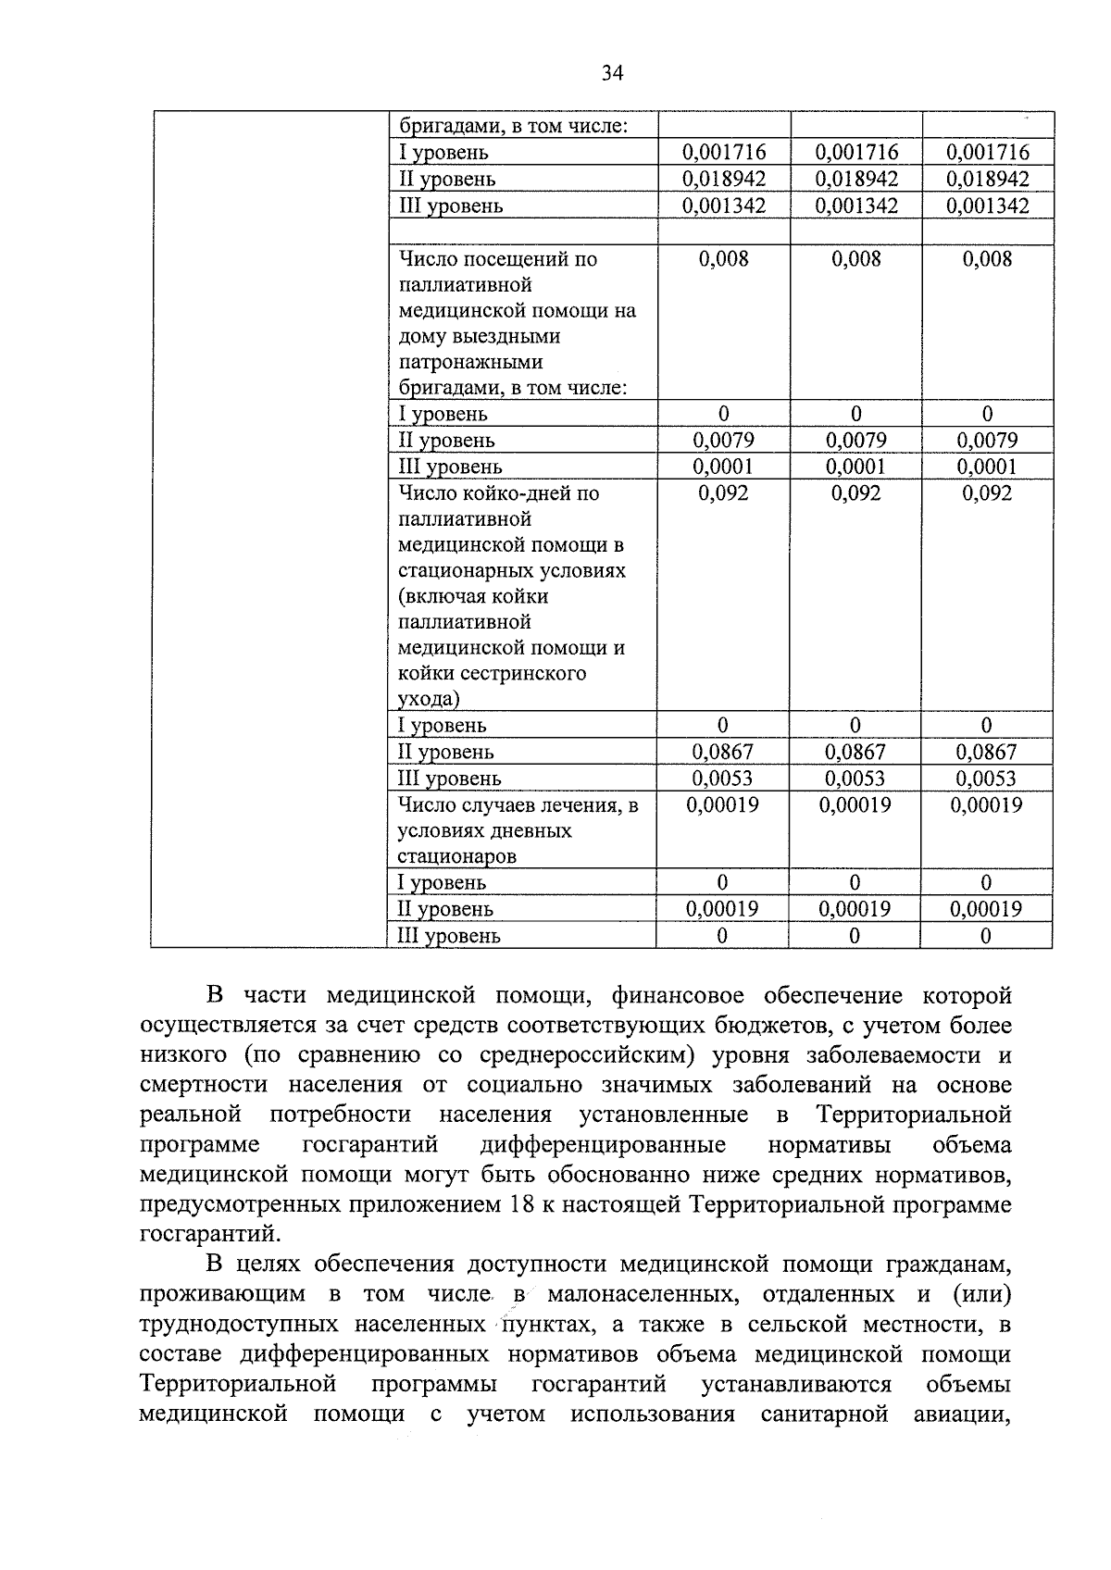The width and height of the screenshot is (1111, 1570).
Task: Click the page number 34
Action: [x=612, y=73]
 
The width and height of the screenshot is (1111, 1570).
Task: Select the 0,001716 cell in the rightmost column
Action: [x=988, y=152]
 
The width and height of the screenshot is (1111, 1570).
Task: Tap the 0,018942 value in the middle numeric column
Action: [x=856, y=179]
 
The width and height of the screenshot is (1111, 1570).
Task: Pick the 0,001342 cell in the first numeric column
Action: [x=724, y=206]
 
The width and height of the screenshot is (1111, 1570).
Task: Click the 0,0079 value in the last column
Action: [x=987, y=441]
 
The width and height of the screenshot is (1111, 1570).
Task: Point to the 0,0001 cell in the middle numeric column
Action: [x=855, y=467]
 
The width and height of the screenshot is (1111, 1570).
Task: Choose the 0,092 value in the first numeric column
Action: [x=723, y=493]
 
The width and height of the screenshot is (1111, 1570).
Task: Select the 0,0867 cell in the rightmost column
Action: [x=986, y=752]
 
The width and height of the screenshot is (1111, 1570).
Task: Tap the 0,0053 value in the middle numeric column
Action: [x=855, y=779]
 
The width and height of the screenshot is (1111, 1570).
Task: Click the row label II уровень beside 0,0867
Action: [x=445, y=753]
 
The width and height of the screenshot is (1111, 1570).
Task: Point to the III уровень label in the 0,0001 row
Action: [x=450, y=467]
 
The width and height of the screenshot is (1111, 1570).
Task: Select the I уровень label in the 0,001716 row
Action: [x=443, y=153]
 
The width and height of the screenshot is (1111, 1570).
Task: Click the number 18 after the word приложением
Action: [x=522, y=1205]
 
